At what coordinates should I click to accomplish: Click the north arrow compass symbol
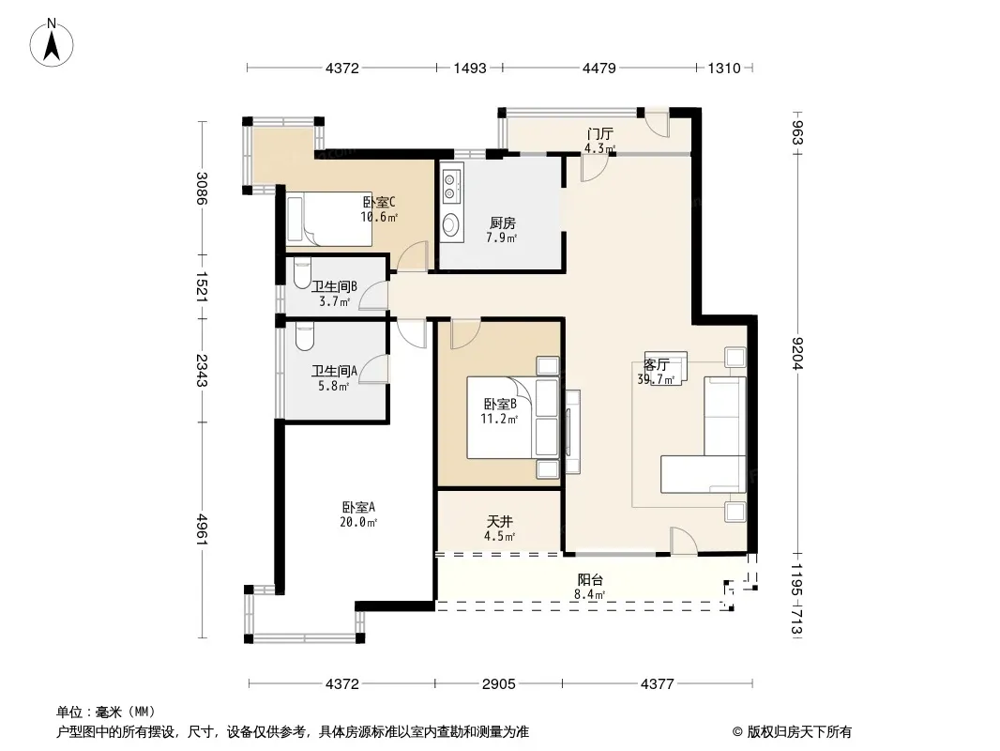pyautogui.click(x=51, y=42)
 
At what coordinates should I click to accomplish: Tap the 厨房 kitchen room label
pyautogui.click(x=503, y=222)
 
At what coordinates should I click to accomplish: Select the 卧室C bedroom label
pyautogui.click(x=379, y=202)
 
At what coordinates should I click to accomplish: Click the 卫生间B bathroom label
pyautogui.click(x=334, y=287)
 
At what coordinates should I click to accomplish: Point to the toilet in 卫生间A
pyautogui.click(x=305, y=336)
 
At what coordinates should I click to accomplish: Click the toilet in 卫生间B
pyautogui.click(x=302, y=272)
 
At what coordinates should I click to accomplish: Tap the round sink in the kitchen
pyautogui.click(x=451, y=224)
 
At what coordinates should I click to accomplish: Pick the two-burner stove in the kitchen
pyautogui.click(x=449, y=186)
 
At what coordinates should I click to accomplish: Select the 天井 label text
pyautogui.click(x=499, y=521)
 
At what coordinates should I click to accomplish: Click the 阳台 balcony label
pyautogui.click(x=590, y=579)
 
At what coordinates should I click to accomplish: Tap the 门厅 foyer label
pyautogui.click(x=599, y=133)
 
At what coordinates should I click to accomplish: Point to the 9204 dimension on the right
pyautogui.click(x=797, y=353)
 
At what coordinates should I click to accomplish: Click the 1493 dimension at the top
pyautogui.click(x=470, y=68)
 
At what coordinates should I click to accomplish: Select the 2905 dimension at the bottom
pyautogui.click(x=499, y=684)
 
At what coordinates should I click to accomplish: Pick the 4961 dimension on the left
pyautogui.click(x=202, y=529)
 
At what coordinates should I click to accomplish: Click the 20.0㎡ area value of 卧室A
pyautogui.click(x=357, y=523)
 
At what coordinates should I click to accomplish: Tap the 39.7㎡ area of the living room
pyautogui.click(x=656, y=379)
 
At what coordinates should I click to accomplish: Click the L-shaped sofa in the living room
pyautogui.click(x=704, y=435)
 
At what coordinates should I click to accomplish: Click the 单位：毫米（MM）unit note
pyautogui.click(x=105, y=712)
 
